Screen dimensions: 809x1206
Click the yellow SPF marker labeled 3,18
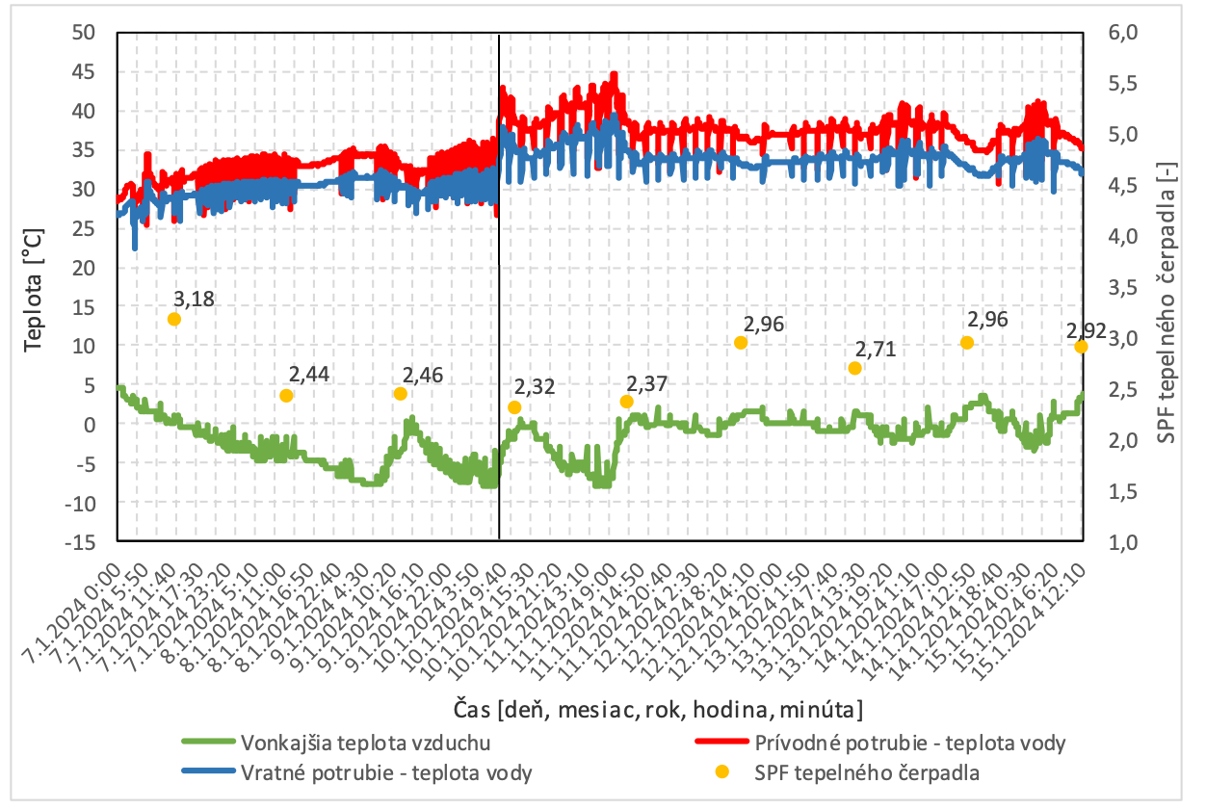[174, 319]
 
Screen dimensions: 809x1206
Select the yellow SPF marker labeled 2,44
[286, 396]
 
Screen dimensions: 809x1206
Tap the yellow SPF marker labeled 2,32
[514, 407]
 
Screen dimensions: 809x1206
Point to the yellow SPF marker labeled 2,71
[854, 368]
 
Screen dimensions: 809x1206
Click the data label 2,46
[423, 376]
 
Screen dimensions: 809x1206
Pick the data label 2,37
[646, 384]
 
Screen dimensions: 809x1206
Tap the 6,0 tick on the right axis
[1120, 32]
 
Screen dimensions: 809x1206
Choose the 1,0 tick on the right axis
[1120, 541]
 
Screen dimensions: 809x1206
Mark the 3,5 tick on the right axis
[1120, 287]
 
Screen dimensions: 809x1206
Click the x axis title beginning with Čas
[657, 710]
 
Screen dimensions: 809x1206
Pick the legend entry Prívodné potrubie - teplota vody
[910, 743]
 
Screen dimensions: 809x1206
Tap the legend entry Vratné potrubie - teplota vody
[386, 771]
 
